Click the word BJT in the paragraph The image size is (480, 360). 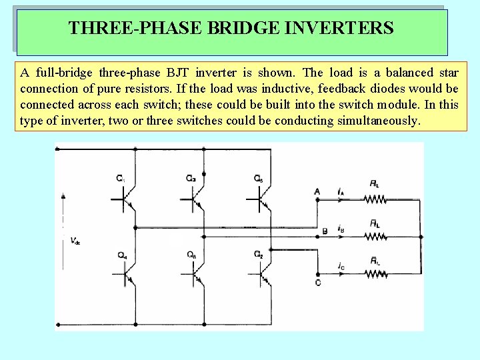pyautogui.click(x=189, y=73)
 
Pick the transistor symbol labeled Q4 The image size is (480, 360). pyautogui.click(x=127, y=274)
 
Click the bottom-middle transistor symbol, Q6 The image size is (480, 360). pyautogui.click(x=195, y=274)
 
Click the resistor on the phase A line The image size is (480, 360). pyautogui.click(x=375, y=198)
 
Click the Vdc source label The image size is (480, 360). pyautogui.click(x=75, y=241)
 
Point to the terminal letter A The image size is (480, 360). pyautogui.click(x=317, y=191)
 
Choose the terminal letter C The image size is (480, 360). pyautogui.click(x=318, y=283)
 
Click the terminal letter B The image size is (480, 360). pyautogui.click(x=325, y=231)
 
